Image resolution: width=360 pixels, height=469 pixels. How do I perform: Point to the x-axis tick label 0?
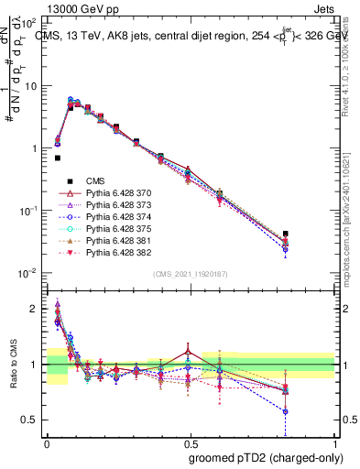[47, 442]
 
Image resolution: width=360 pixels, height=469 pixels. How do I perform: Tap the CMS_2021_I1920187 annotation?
[190, 274]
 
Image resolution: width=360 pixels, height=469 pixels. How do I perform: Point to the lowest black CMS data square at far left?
[57, 158]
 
